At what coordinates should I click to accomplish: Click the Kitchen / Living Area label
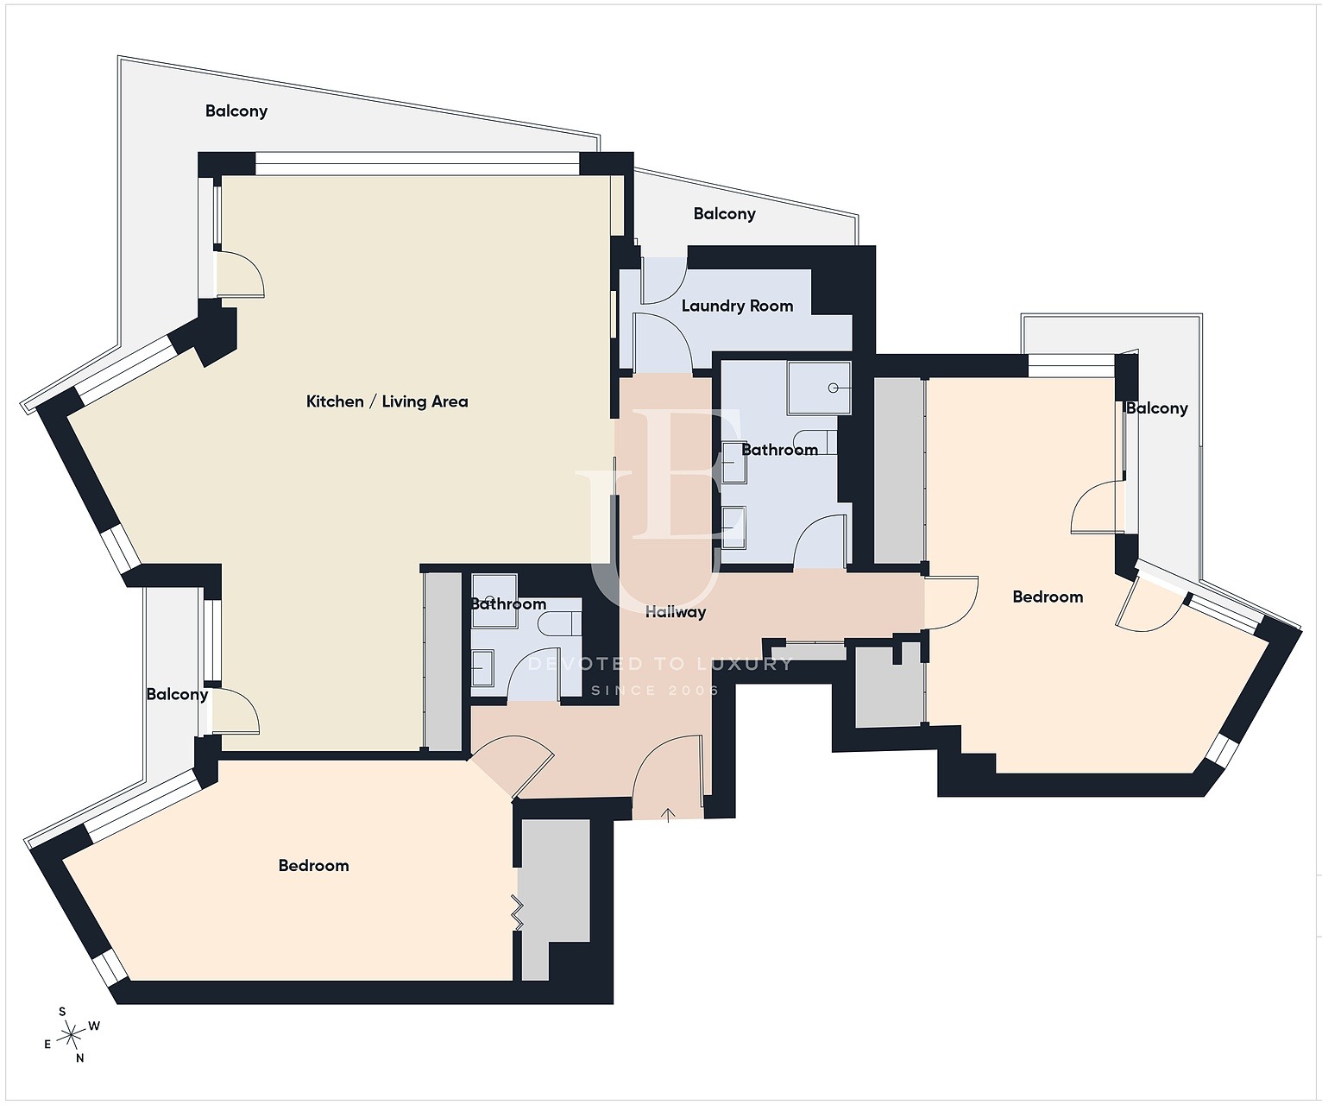pyautogui.click(x=387, y=401)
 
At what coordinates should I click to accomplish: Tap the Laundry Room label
pyautogui.click(x=737, y=306)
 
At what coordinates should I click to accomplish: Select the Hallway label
pyautogui.click(x=676, y=612)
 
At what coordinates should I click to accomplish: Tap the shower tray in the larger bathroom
pyautogui.click(x=819, y=388)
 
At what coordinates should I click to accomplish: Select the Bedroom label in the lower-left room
pyautogui.click(x=314, y=866)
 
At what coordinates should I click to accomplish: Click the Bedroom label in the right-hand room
pyautogui.click(x=1048, y=597)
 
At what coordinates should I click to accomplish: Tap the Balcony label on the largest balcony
pyautogui.click(x=236, y=111)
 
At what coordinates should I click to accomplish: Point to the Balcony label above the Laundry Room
pyautogui.click(x=724, y=214)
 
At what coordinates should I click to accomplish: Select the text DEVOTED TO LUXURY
pyautogui.click(x=660, y=663)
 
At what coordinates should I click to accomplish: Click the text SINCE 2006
pyautogui.click(x=655, y=690)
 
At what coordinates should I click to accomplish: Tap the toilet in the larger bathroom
pyautogui.click(x=815, y=441)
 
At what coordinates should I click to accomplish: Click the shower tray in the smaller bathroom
pyautogui.click(x=494, y=599)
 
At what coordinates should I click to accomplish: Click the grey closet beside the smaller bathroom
pyautogui.click(x=443, y=661)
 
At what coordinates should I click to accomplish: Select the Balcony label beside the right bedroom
pyautogui.click(x=1156, y=408)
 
